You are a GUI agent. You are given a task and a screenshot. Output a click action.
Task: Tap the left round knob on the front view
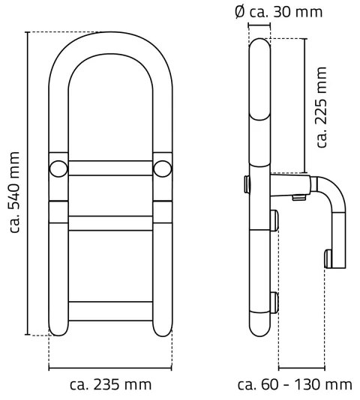click(x=57, y=167)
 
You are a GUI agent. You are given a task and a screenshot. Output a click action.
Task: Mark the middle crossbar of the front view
click(x=109, y=222)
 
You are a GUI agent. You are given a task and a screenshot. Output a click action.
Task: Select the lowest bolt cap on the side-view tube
click(x=274, y=302)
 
